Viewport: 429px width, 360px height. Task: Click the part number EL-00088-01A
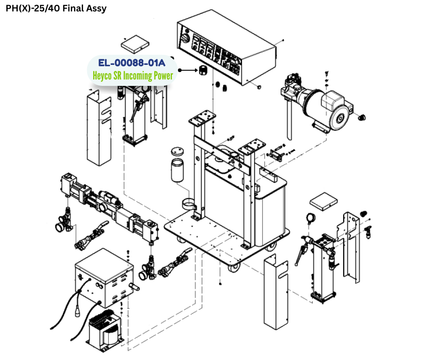point(132,63)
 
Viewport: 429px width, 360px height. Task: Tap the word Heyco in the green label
point(103,75)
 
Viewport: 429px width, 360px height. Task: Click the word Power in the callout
point(163,75)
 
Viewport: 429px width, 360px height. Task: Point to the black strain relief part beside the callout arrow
point(201,70)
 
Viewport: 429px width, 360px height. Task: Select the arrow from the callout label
point(187,70)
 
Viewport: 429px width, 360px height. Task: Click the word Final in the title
point(72,8)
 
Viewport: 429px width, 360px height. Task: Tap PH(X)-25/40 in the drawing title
point(29,8)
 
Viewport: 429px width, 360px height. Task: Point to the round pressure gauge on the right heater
point(312,218)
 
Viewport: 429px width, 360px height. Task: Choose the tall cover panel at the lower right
point(277,292)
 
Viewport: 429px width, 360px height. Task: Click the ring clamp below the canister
point(192,204)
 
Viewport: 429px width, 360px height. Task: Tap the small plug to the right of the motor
point(363,117)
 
